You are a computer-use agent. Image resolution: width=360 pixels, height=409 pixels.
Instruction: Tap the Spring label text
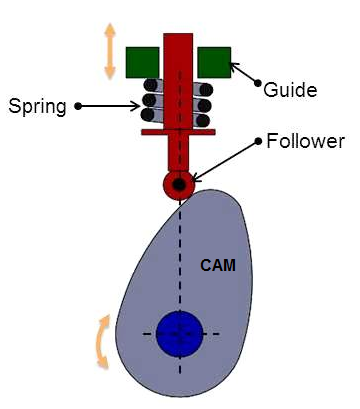coord(38,104)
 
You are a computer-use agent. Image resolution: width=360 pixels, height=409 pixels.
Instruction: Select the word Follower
coord(305,141)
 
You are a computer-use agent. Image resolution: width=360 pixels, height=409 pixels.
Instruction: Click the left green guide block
coord(143,62)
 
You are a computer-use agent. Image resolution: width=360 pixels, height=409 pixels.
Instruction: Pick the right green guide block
coord(214,62)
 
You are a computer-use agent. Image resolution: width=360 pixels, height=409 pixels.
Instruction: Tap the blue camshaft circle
coord(180,333)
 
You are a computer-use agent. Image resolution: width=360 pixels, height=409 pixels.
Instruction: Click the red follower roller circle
coord(180,185)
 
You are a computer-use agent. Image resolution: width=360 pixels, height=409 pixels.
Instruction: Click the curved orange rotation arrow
coord(102,340)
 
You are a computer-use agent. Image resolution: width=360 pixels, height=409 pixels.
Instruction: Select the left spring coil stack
coord(150,101)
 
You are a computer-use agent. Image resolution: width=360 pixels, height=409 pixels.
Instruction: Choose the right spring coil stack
coord(205,101)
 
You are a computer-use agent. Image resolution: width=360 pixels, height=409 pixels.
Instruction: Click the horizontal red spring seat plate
coord(179,130)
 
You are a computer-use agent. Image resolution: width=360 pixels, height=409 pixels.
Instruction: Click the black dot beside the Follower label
coord(258,141)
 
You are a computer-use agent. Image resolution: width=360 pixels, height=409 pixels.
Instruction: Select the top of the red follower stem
coord(179,38)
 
